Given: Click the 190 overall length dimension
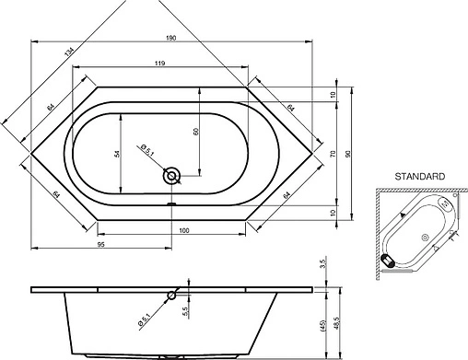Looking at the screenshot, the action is tap(171, 38).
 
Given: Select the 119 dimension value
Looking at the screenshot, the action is tap(160, 64).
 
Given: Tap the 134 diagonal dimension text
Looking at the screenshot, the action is tap(69, 52).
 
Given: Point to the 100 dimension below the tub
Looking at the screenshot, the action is tap(184, 230).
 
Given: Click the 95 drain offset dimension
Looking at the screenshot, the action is tap(101, 244).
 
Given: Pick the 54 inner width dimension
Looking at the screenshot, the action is tap(117, 154).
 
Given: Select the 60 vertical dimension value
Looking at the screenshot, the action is tap(196, 132).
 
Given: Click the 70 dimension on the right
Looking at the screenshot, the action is tap(333, 154).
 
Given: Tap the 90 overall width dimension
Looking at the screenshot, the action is tap(348, 154).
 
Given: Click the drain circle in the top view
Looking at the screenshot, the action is tap(171, 176).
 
